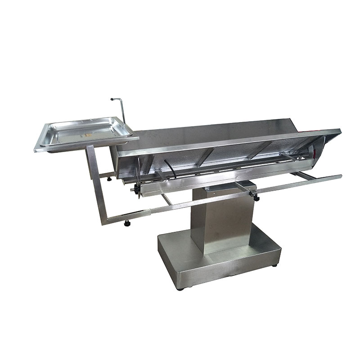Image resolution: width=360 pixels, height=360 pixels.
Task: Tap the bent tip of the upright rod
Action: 113,99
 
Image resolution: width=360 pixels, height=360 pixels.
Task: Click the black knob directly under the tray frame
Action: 109,179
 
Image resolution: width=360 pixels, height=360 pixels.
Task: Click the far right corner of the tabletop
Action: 339,131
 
